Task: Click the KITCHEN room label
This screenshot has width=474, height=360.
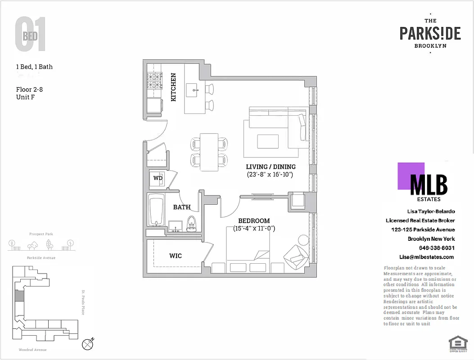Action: point(174,87)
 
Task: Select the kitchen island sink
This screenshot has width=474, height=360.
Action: point(195,90)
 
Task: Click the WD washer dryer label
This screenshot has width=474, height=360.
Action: point(158,178)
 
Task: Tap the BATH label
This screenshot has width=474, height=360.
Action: point(182,207)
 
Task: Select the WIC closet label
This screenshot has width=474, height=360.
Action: point(176,256)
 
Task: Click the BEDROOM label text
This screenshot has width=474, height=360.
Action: point(254,221)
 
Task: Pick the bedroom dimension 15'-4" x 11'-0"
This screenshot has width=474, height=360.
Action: point(254,229)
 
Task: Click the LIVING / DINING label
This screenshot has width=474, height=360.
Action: point(270,167)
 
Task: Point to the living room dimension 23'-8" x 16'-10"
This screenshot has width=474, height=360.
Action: point(270,174)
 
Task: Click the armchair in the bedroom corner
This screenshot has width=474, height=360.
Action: point(295,255)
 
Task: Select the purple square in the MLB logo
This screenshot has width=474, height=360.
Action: point(411,176)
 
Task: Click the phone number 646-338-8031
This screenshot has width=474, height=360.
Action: point(436,248)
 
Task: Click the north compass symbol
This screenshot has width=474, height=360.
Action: point(88,344)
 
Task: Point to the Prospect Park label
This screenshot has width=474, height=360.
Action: point(41,234)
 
